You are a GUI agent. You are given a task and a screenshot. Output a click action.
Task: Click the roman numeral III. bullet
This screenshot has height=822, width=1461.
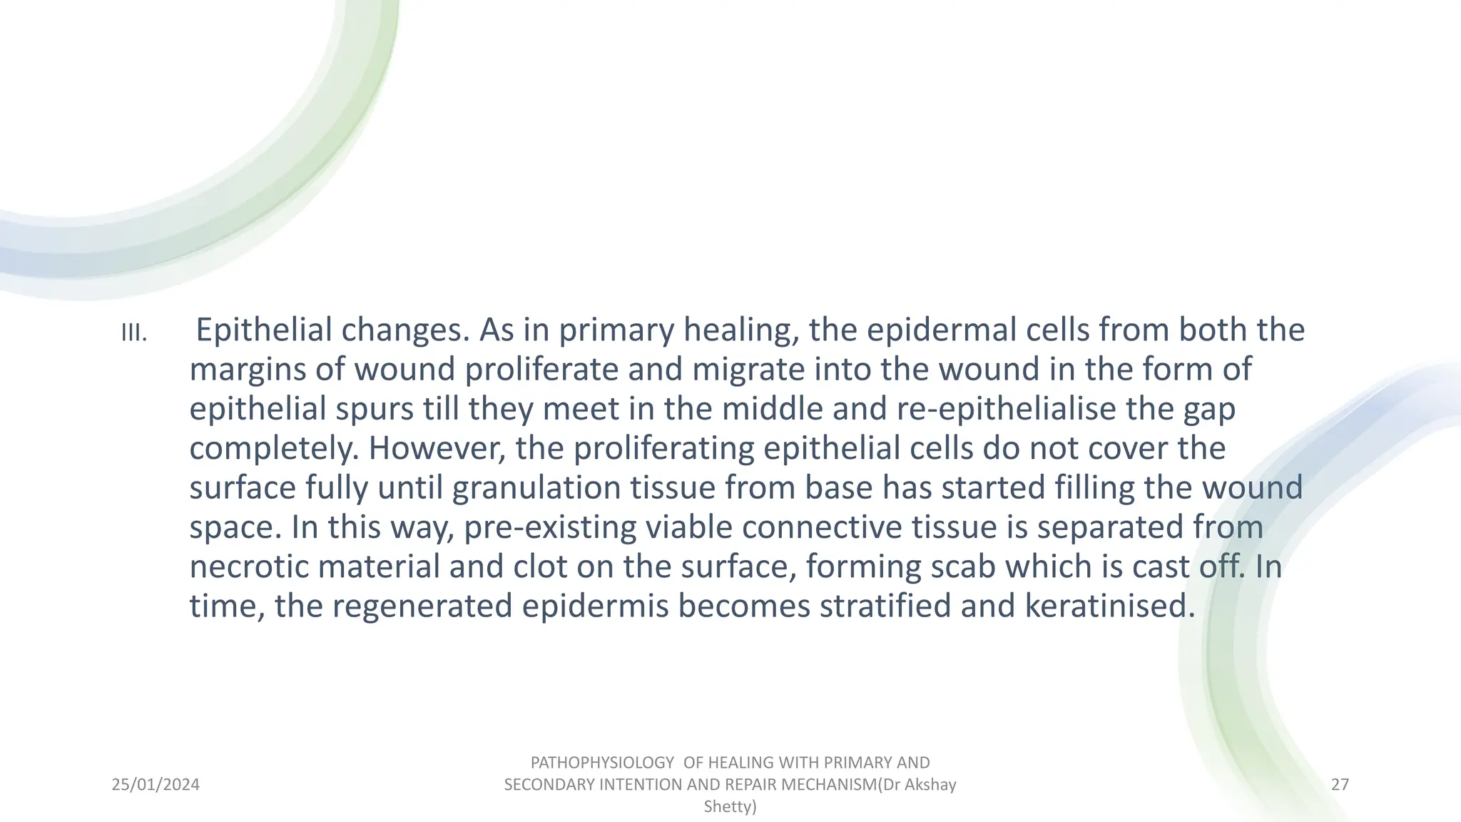tap(134, 333)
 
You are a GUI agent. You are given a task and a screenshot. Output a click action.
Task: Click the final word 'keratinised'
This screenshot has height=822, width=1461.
tap(1109, 606)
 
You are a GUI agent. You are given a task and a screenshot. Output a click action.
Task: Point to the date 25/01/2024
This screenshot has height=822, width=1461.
tap(156, 785)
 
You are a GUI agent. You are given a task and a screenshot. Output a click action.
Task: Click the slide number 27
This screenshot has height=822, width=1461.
tap(1340, 785)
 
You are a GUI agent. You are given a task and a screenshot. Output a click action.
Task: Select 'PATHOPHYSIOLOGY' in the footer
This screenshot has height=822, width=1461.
tap(602, 763)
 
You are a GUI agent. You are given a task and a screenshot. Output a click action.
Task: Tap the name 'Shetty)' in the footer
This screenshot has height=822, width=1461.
tap(730, 807)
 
